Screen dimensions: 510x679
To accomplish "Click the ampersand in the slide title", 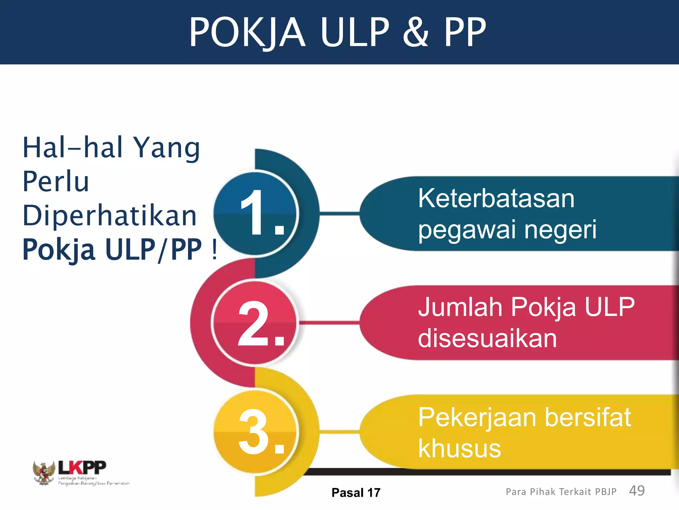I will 416,32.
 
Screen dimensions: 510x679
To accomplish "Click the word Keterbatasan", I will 496,199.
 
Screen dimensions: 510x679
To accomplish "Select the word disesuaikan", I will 487,339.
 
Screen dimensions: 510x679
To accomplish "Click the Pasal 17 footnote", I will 356,493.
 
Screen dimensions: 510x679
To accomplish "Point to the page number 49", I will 637,491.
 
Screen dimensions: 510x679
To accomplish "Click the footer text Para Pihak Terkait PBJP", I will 561,492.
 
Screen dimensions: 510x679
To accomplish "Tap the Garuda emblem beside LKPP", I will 43,473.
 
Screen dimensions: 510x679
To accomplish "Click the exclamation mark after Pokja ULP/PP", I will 214,250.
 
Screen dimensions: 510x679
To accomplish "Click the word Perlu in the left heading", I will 56,182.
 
